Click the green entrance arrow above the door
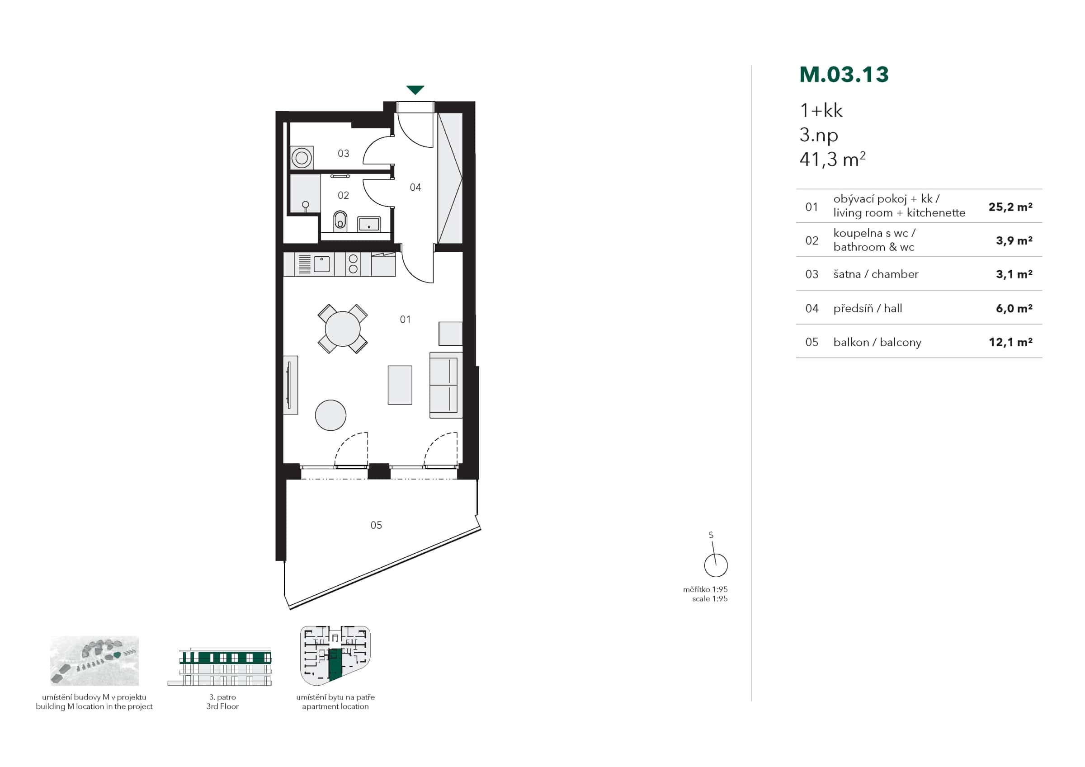pyautogui.click(x=415, y=90)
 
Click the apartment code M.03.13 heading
pyautogui.click(x=844, y=75)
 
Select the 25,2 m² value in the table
pyautogui.click(x=1010, y=207)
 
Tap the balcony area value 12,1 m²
pyautogui.click(x=1010, y=342)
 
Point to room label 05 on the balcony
pyautogui.click(x=376, y=525)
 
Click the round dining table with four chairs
pyautogui.click(x=343, y=329)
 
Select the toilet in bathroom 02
pyautogui.click(x=340, y=220)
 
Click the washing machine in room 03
pyautogui.click(x=302, y=157)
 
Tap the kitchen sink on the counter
pyautogui.click(x=322, y=264)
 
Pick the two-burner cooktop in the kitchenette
pyautogui.click(x=353, y=264)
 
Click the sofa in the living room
pyautogui.click(x=445, y=385)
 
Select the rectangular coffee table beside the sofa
pyautogui.click(x=400, y=385)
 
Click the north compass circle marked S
pyautogui.click(x=716, y=565)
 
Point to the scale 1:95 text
pyautogui.click(x=709, y=598)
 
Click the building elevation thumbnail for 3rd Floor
pyautogui.click(x=220, y=667)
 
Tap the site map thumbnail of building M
pyautogui.click(x=94, y=661)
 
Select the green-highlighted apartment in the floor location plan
pyautogui.click(x=335, y=664)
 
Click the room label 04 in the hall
pyautogui.click(x=415, y=188)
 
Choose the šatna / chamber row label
pyautogui.click(x=876, y=274)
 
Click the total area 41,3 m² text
pyautogui.click(x=832, y=160)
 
